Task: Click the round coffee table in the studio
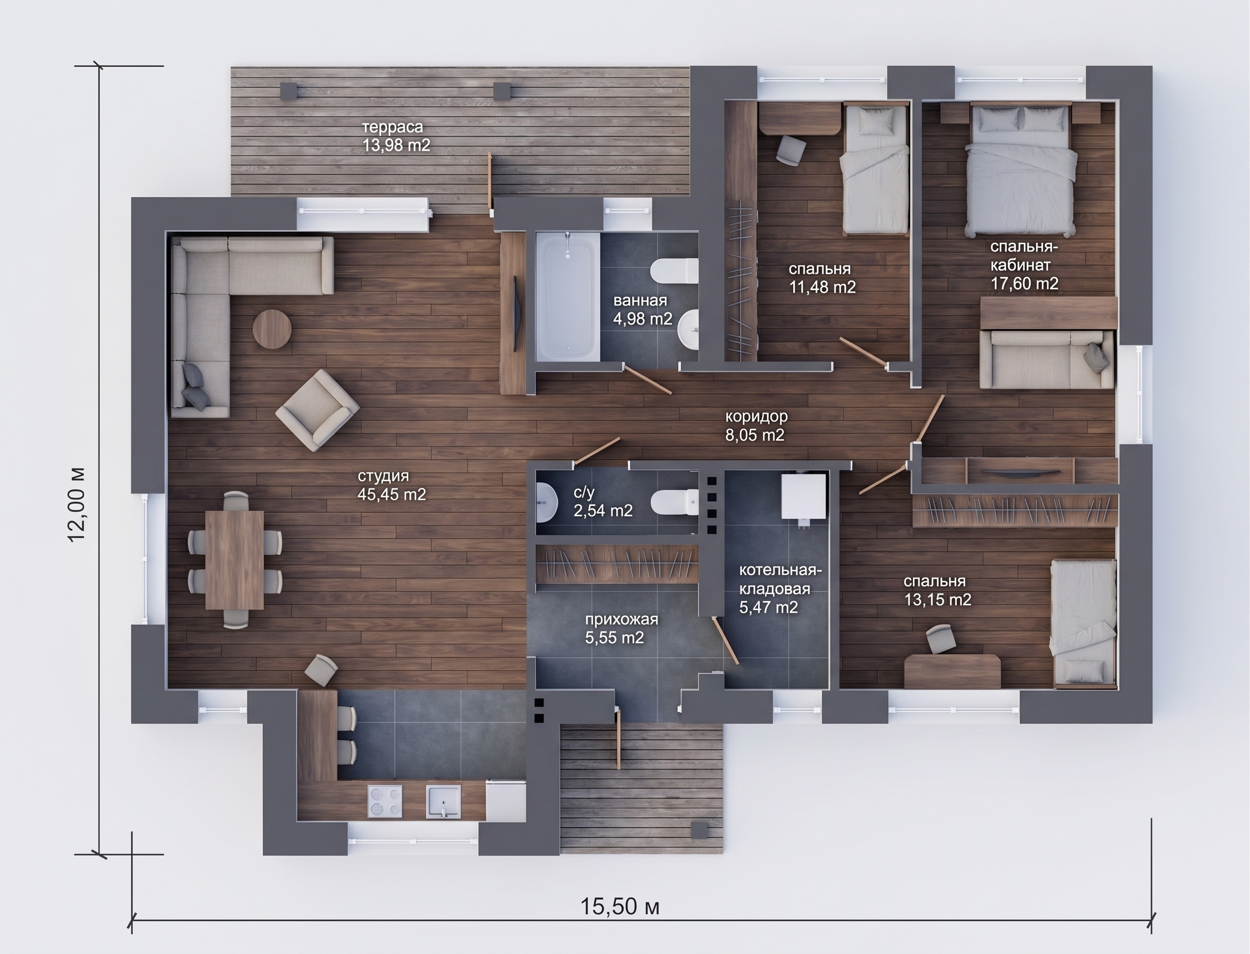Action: tap(272, 329)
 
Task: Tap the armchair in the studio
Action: tap(317, 409)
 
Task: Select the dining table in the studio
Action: tap(235, 560)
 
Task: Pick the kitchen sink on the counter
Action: tap(443, 801)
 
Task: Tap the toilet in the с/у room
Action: tap(675, 502)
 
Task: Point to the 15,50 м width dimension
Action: tap(620, 907)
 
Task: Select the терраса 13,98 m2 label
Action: tap(397, 136)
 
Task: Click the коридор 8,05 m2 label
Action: tap(756, 426)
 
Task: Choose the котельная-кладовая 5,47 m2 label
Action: tap(780, 589)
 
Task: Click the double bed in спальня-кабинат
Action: tap(1021, 169)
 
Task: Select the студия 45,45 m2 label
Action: tap(391, 486)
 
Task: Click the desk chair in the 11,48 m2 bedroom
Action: tap(791, 151)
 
